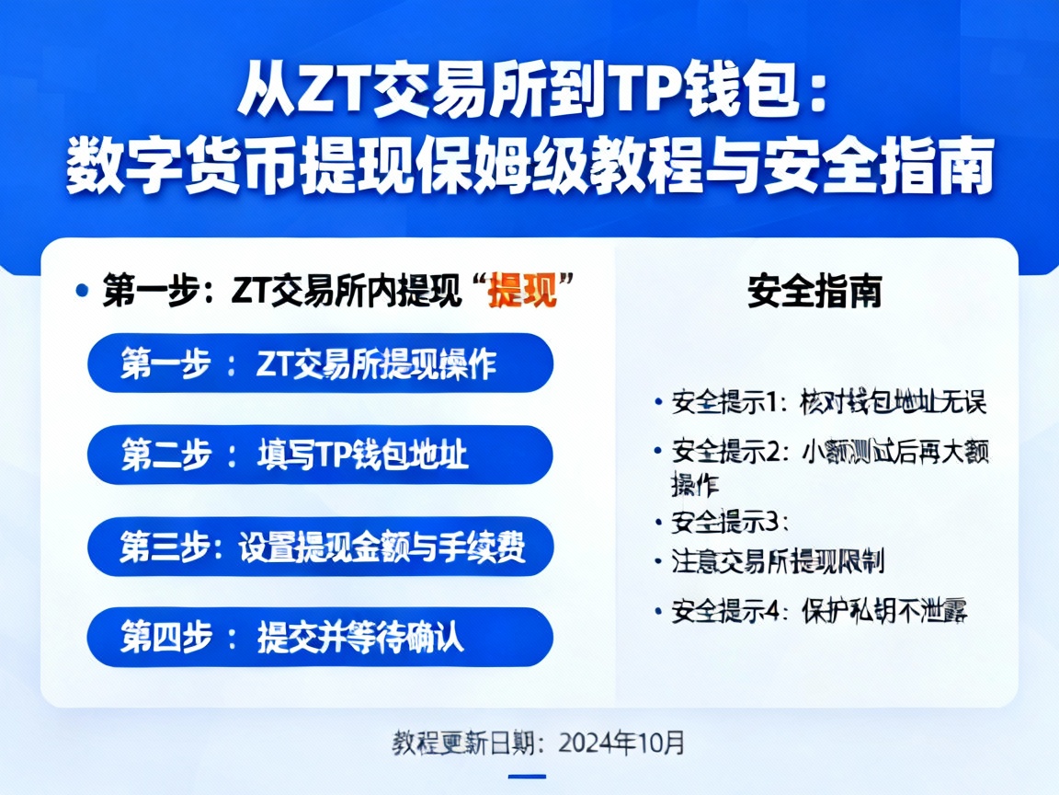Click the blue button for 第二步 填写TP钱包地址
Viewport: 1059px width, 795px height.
coord(320,455)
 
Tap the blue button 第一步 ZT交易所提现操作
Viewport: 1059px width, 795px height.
coord(320,363)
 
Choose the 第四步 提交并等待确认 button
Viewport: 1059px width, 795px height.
coord(320,637)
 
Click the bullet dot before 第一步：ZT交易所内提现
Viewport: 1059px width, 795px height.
coord(83,291)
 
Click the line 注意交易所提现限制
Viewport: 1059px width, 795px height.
coord(778,560)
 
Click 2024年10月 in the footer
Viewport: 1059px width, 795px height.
coord(621,741)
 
